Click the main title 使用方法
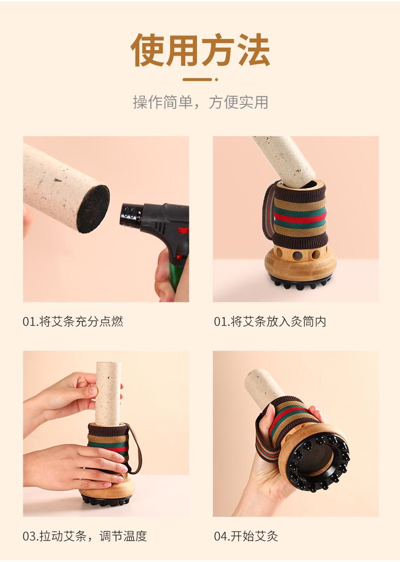(200, 50)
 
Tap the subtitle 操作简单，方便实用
(201, 102)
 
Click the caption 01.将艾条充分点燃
(73, 321)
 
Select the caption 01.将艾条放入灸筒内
(270, 321)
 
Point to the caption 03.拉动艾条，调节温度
(85, 536)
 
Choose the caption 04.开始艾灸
(246, 536)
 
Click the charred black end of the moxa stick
(93, 208)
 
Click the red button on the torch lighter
(183, 230)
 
